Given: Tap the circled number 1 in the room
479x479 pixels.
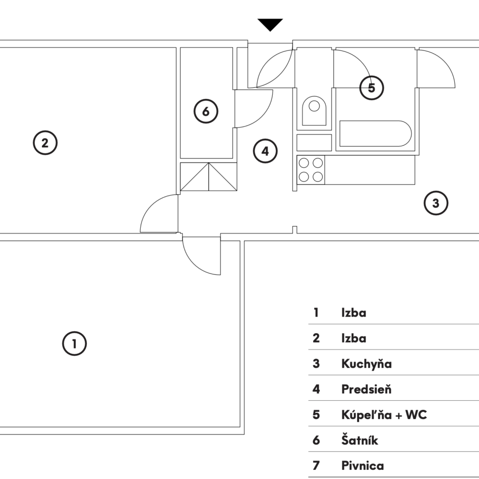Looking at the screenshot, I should click(x=75, y=344).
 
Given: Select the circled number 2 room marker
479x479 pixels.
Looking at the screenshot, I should click(x=45, y=143).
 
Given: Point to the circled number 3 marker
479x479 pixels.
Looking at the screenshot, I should click(x=436, y=203).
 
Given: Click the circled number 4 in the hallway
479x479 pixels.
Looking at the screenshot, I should click(x=265, y=151).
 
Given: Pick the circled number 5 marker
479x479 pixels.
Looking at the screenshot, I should click(x=372, y=88).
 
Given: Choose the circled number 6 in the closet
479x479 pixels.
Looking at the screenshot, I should click(x=206, y=112).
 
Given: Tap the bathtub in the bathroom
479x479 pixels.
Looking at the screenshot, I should click(x=376, y=134).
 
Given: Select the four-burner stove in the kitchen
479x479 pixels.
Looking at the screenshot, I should click(x=311, y=170).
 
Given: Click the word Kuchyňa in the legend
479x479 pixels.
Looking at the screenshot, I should click(x=366, y=364).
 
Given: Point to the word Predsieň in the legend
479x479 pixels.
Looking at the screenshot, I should click(x=366, y=389).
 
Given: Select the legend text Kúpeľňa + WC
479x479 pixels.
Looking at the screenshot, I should click(x=384, y=415).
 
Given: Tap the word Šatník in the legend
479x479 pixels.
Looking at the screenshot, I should click(x=360, y=441).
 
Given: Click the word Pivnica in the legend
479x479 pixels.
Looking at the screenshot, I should click(x=362, y=466).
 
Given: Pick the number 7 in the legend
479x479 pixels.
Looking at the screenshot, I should click(x=316, y=466).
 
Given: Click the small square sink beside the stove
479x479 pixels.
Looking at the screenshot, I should click(x=314, y=143).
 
